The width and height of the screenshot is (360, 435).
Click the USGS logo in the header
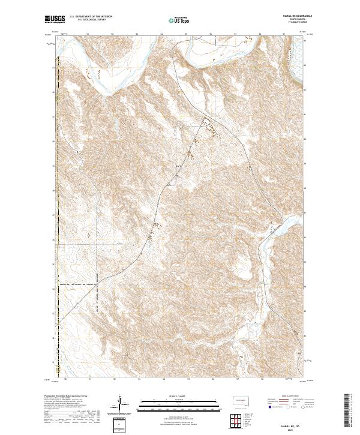[x=55, y=19]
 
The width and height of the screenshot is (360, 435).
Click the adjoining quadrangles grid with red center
[x=240, y=422]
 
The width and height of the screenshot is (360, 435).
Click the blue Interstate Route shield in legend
[x=270, y=407]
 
